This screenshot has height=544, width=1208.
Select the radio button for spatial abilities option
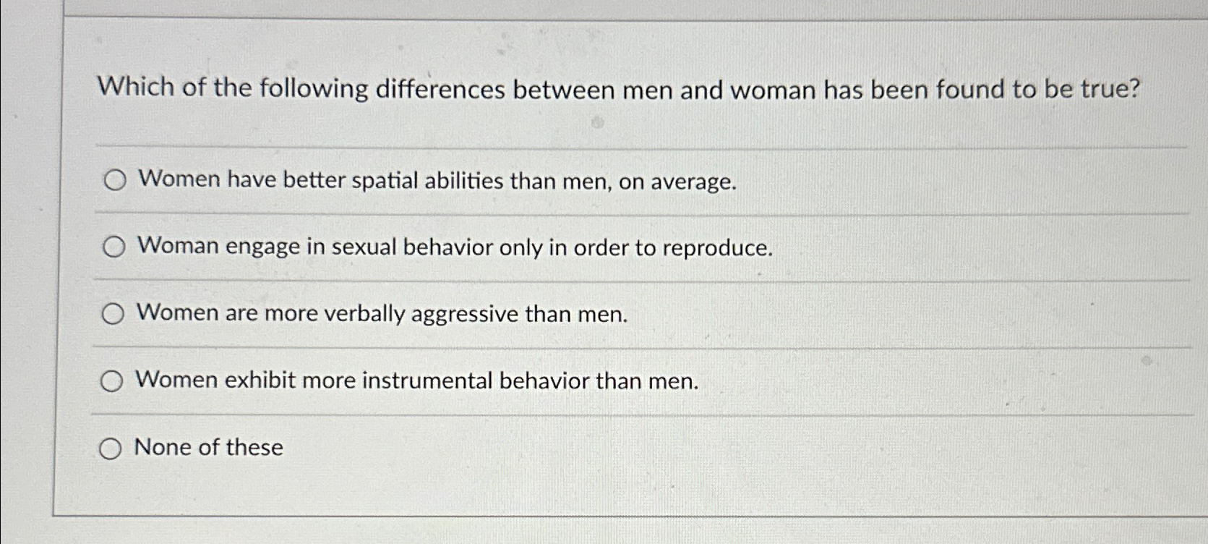(x=115, y=180)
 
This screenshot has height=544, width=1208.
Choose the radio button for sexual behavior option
(x=113, y=247)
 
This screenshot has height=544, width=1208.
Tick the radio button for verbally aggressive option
(x=113, y=314)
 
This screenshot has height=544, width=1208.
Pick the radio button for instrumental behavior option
(x=111, y=381)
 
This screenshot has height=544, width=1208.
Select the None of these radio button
(x=110, y=449)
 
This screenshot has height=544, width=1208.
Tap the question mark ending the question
(x=1133, y=90)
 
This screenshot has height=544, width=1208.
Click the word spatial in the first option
(x=385, y=181)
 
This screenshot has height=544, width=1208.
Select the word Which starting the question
(x=136, y=88)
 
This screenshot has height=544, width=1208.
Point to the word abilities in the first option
(x=463, y=181)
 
